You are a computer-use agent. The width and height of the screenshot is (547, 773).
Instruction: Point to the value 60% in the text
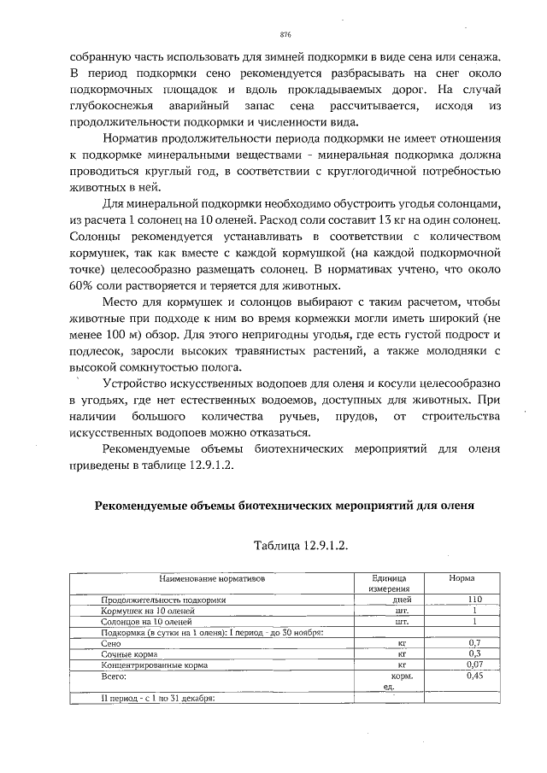click(81, 285)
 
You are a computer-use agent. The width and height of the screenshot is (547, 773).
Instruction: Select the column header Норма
click(462, 578)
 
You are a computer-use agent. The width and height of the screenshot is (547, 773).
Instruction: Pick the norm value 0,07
click(475, 664)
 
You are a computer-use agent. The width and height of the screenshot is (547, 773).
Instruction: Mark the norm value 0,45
click(475, 675)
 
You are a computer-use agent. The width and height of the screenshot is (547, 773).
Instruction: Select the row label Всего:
click(114, 675)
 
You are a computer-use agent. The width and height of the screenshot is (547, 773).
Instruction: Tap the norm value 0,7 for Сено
click(475, 642)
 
